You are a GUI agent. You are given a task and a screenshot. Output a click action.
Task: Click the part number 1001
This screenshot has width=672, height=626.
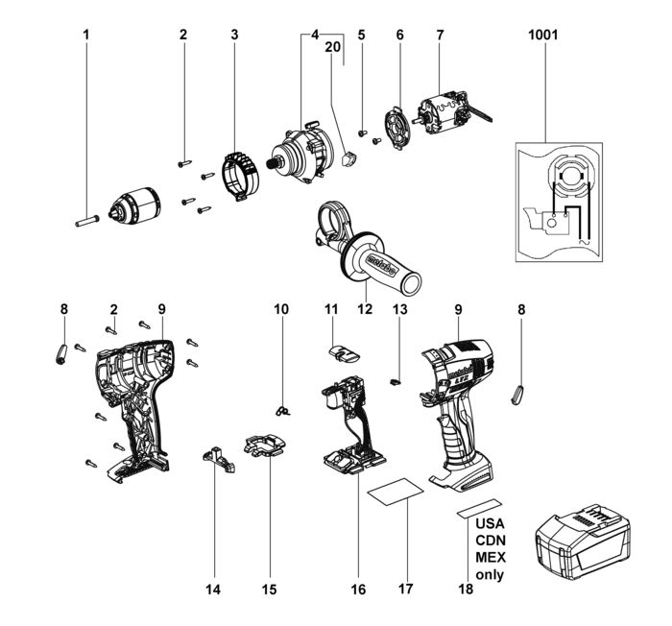[543, 35]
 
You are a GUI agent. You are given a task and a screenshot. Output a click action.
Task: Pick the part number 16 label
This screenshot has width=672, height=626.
[357, 589]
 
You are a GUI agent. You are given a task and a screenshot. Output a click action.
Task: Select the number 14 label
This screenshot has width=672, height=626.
[213, 589]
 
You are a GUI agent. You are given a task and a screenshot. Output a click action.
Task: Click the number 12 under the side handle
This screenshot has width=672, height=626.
[364, 309]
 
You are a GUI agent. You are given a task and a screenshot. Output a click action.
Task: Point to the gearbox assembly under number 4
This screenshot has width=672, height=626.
[300, 153]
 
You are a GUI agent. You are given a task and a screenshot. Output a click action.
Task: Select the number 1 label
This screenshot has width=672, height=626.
[85, 35]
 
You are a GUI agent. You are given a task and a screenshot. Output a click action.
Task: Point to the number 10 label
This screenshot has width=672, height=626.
[280, 309]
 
